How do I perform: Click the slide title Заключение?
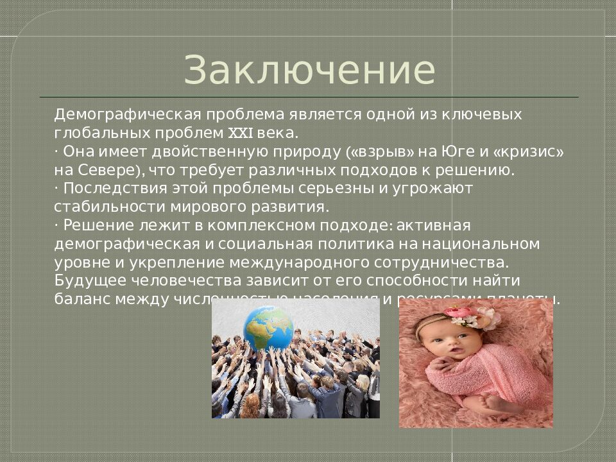pos(309,70)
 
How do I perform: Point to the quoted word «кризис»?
pos(529,152)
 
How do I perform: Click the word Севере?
pos(105,171)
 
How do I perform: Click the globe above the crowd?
pos(268,327)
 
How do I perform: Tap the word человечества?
pos(187,281)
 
